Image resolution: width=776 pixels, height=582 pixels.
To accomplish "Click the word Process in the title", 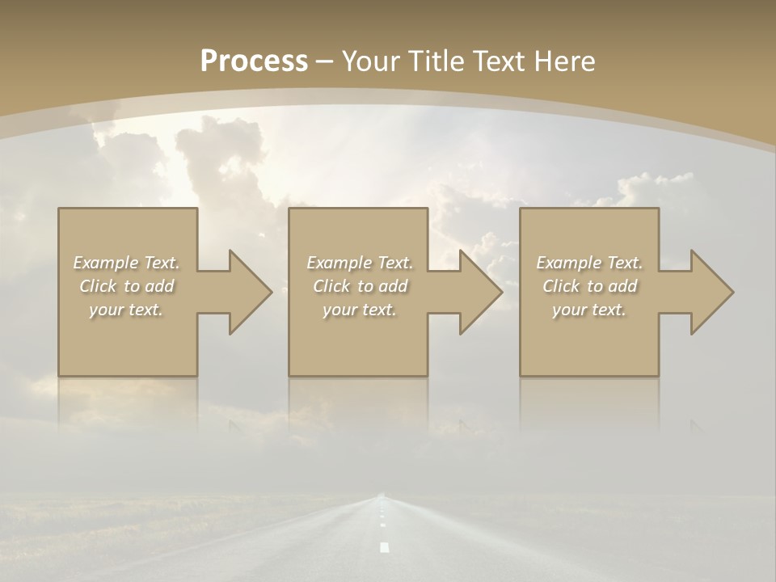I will (254, 61).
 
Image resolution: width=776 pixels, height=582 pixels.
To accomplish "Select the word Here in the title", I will (563, 61).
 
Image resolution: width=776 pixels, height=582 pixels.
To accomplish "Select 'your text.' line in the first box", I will (126, 310).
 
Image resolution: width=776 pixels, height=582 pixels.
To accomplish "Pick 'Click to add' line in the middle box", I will (360, 286).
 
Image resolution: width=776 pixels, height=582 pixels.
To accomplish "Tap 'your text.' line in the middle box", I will (360, 310).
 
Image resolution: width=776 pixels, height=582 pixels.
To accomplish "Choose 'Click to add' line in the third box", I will (590, 286).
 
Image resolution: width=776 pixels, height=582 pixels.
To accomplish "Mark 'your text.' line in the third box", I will (589, 310).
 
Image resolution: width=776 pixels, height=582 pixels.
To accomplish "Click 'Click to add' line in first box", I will (127, 286).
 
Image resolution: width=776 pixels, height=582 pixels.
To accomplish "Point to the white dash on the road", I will (384, 547).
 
